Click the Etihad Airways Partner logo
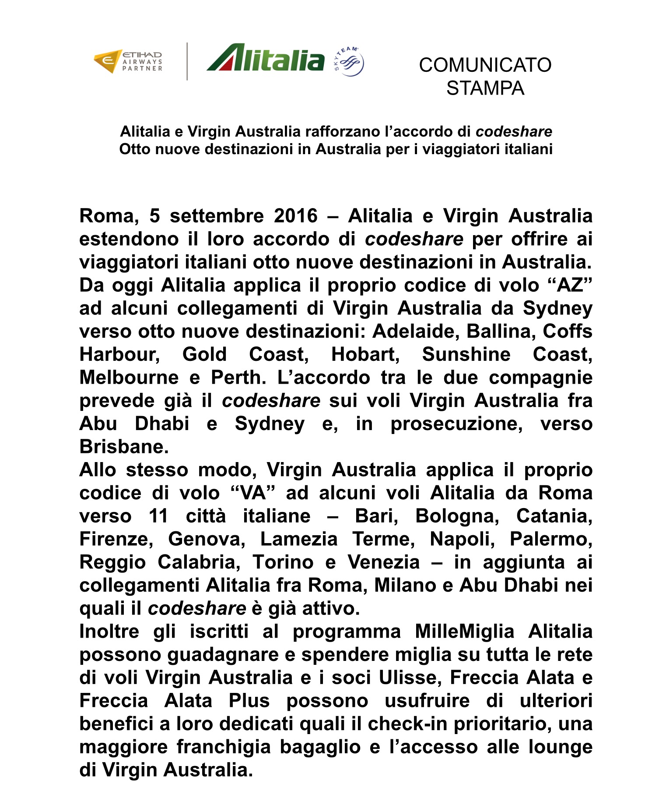pos(128,61)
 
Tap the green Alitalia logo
pos(266,58)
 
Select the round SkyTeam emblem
pos(349,62)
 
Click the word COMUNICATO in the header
pos(485,65)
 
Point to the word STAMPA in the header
pos(485,88)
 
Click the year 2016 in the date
pos(296,216)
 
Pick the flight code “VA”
pos(253,493)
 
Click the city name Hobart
pos(365,354)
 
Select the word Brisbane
pos(124,447)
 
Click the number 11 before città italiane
pos(158,516)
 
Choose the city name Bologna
pos(457,516)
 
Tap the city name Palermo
pos(551,539)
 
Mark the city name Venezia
pos(384,562)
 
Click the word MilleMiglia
pos(464,632)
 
